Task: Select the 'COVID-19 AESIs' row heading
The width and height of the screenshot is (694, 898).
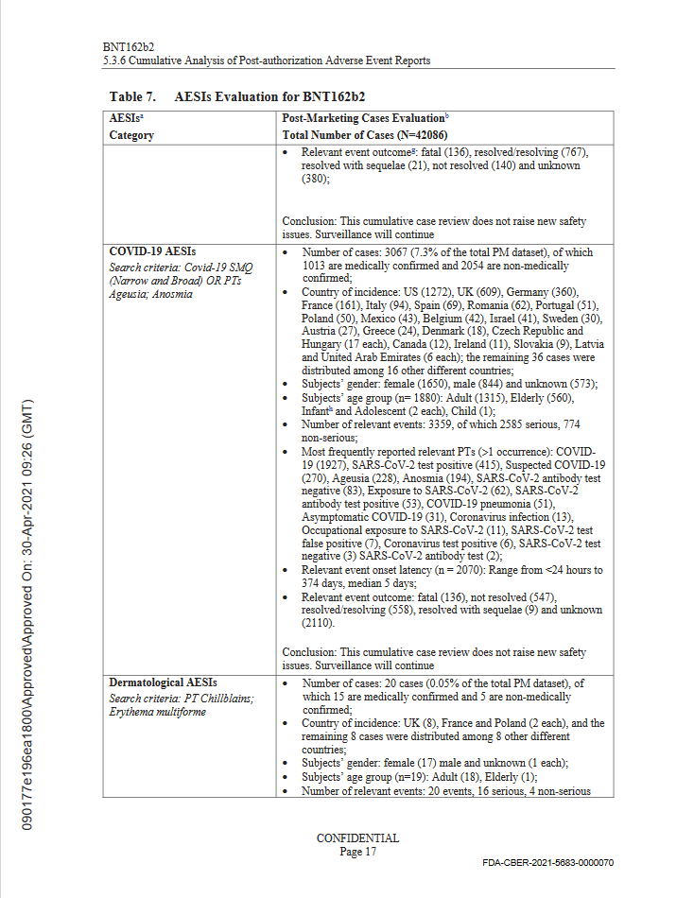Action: [152, 253]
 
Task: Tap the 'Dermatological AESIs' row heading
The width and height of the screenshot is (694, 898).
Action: [164, 682]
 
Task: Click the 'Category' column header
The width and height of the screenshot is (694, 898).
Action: [131, 135]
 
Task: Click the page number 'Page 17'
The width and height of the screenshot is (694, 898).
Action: [357, 852]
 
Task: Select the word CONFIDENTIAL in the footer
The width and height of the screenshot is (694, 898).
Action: [357, 838]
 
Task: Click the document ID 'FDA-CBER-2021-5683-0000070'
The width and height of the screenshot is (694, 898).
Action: [548, 863]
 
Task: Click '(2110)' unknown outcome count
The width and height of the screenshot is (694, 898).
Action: [322, 623]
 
